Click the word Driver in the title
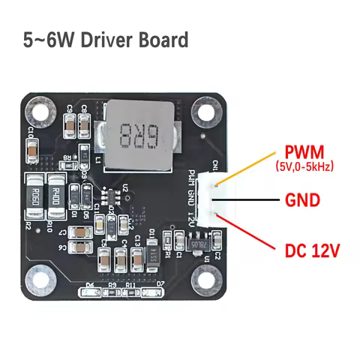coord(105,40)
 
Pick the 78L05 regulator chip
coord(196,242)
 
